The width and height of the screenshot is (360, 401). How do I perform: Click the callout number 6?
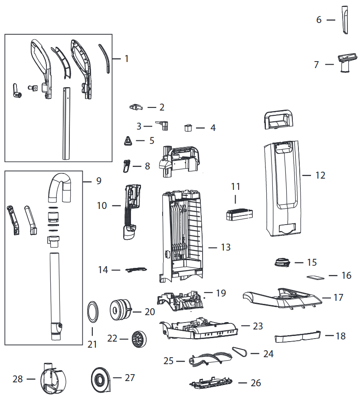pyautogui.click(x=318, y=20)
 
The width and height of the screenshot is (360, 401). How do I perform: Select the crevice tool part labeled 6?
pyautogui.click(x=345, y=20)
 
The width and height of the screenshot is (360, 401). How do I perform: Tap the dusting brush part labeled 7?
pyautogui.click(x=347, y=62)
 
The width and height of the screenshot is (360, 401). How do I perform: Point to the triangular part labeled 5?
pyautogui.click(x=128, y=141)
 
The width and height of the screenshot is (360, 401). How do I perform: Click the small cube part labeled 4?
pyautogui.click(x=188, y=127)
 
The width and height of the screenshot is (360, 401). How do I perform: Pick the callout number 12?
pyautogui.click(x=321, y=176)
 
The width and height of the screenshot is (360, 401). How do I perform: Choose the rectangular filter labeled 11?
pyautogui.click(x=239, y=215)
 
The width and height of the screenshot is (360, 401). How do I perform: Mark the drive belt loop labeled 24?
pyautogui.click(x=240, y=352)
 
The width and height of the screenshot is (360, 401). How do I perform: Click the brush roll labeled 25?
pyautogui.click(x=210, y=358)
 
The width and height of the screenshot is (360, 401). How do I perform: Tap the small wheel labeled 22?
pyautogui.click(x=139, y=339)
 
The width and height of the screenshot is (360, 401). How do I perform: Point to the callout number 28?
pyautogui.click(x=18, y=379)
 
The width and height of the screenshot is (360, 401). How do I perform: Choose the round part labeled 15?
pyautogui.click(x=282, y=262)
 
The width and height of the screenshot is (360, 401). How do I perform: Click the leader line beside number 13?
pyautogui.click(x=213, y=248)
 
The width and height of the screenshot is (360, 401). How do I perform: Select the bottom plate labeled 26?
pyautogui.click(x=211, y=383)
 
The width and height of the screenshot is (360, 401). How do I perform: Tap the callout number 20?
pyautogui.click(x=150, y=312)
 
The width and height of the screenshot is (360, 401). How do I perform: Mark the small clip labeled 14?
pyautogui.click(x=136, y=270)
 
